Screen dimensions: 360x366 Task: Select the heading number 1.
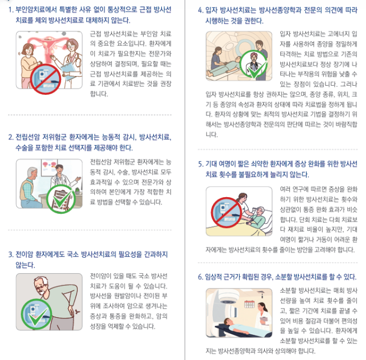[x=11, y=9]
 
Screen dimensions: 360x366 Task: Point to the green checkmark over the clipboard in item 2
[x=61, y=198]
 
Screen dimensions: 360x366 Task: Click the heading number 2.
[x=11, y=137]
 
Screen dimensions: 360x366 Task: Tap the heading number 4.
[x=201, y=10]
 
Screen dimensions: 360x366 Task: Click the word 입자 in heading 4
[x=212, y=10]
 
